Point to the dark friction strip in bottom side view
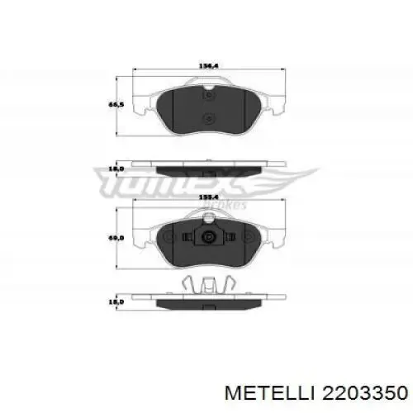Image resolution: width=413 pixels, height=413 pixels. (206, 302)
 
